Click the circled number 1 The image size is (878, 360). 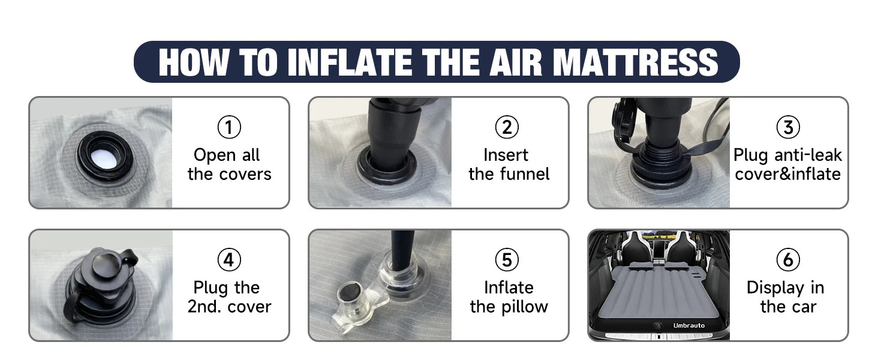click(x=229, y=127)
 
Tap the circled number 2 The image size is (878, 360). click(x=507, y=127)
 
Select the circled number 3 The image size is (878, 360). click(x=788, y=127)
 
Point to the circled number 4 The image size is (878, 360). click(x=229, y=260)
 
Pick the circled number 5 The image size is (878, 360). click(x=507, y=260)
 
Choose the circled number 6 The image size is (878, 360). click(x=788, y=260)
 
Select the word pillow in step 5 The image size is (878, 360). click(x=524, y=306)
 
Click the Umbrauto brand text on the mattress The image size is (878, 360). click(x=688, y=325)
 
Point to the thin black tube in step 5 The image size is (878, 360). click(x=402, y=251)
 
